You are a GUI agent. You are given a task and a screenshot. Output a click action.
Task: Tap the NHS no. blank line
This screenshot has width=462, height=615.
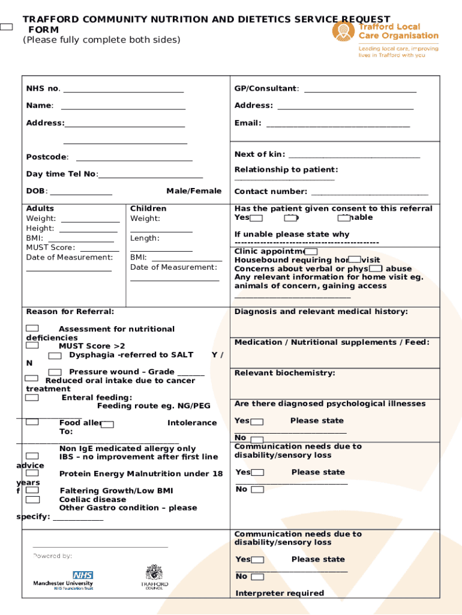[x=123, y=92]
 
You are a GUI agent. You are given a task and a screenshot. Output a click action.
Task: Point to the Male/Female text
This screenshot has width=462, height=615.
[x=193, y=191]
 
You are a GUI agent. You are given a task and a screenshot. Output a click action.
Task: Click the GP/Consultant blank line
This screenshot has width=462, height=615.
[x=360, y=92]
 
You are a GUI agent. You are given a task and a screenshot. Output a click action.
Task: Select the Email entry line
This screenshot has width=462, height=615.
[x=338, y=126]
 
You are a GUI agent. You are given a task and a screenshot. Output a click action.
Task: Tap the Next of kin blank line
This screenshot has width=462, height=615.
[x=354, y=157]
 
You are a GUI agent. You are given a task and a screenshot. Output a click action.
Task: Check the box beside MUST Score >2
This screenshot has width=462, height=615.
[x=32, y=345]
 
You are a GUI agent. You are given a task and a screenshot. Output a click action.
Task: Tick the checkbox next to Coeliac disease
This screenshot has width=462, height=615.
[x=32, y=499]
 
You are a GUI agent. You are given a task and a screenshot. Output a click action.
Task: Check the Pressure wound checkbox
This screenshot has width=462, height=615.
[x=55, y=372]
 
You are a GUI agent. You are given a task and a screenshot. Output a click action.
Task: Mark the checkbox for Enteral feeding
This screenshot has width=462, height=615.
[x=32, y=397]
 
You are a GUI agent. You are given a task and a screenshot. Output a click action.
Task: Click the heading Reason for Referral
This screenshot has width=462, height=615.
[x=70, y=311]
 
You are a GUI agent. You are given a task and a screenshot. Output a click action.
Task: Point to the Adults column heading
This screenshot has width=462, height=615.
[x=40, y=208]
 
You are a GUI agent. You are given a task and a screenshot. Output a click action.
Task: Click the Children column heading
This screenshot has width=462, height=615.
[x=148, y=208]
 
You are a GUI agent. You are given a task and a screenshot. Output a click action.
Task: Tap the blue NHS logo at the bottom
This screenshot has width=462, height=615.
[x=83, y=575]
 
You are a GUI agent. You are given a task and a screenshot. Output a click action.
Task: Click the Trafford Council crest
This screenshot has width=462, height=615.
[x=154, y=572]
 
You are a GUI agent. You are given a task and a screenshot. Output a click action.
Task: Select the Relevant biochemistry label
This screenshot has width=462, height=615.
[x=284, y=373]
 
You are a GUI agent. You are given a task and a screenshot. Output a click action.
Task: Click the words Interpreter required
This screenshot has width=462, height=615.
[x=280, y=593]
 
